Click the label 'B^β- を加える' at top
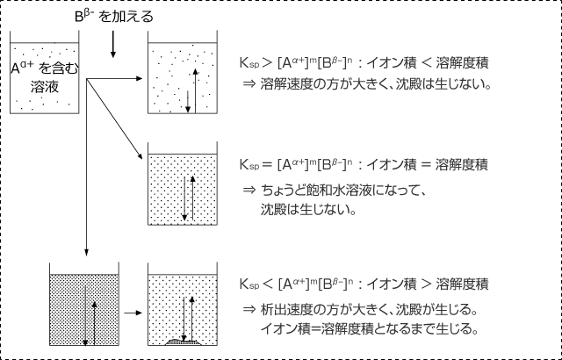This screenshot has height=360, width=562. coord(114,17)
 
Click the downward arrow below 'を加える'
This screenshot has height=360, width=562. coord(113,44)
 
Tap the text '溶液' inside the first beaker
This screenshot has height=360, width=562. coord(45,87)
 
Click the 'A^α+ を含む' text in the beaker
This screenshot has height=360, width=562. coord(45,68)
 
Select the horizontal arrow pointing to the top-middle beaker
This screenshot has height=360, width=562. coord(115,78)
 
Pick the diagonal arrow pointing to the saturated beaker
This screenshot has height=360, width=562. coord(115,119)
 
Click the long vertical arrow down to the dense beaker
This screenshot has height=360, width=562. coord(86,168)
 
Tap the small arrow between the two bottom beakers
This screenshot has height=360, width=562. coord(133,313)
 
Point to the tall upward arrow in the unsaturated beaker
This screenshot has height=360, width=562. coord(195,90)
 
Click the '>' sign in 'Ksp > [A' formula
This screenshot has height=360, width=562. coord(267,63)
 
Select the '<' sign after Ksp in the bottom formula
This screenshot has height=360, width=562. coord(268,284)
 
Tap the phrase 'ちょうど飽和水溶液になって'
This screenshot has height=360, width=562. coord(342,190)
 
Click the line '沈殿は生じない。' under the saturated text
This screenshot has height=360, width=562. coord(308,210)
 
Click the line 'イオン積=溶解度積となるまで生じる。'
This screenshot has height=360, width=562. coord(369,328)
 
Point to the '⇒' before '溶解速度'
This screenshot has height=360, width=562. coord(249,83)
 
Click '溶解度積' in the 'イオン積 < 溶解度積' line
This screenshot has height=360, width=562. coord(462,63)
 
